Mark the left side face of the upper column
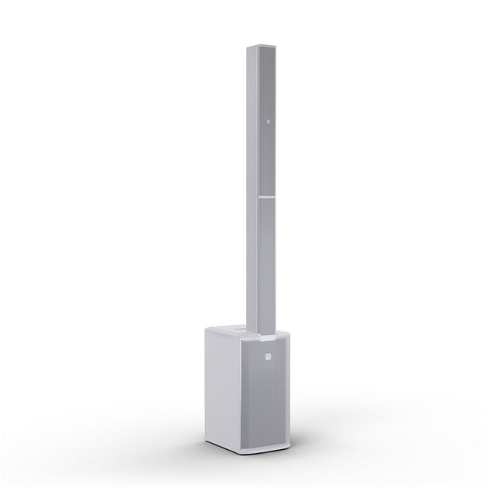click(252, 122)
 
